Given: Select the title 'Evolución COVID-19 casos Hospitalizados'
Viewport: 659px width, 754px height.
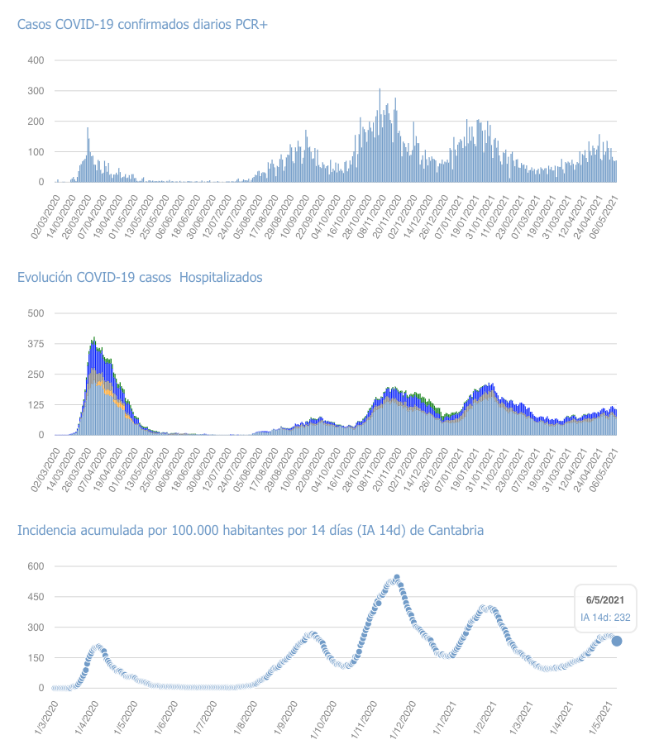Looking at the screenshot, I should [140, 278].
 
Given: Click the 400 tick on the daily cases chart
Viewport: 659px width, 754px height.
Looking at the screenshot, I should [36, 60].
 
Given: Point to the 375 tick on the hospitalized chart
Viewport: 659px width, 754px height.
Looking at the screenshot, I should [36, 344].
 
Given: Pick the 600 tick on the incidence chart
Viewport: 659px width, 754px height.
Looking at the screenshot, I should [36, 566].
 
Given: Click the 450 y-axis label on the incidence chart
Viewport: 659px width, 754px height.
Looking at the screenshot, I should [36, 597].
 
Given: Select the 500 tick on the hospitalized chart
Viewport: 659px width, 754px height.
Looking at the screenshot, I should [36, 313].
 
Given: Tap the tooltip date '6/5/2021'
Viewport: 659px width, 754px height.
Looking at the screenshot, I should [604, 599].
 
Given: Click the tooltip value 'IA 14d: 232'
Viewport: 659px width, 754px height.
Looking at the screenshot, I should [604, 617].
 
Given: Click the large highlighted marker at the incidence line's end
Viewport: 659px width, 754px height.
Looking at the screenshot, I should [617, 641].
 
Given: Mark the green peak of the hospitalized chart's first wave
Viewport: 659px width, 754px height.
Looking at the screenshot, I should [94, 339].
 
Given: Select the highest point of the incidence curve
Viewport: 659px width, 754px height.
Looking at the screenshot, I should [397, 578].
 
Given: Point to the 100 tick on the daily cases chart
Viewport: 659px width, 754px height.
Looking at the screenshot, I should [36, 152].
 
